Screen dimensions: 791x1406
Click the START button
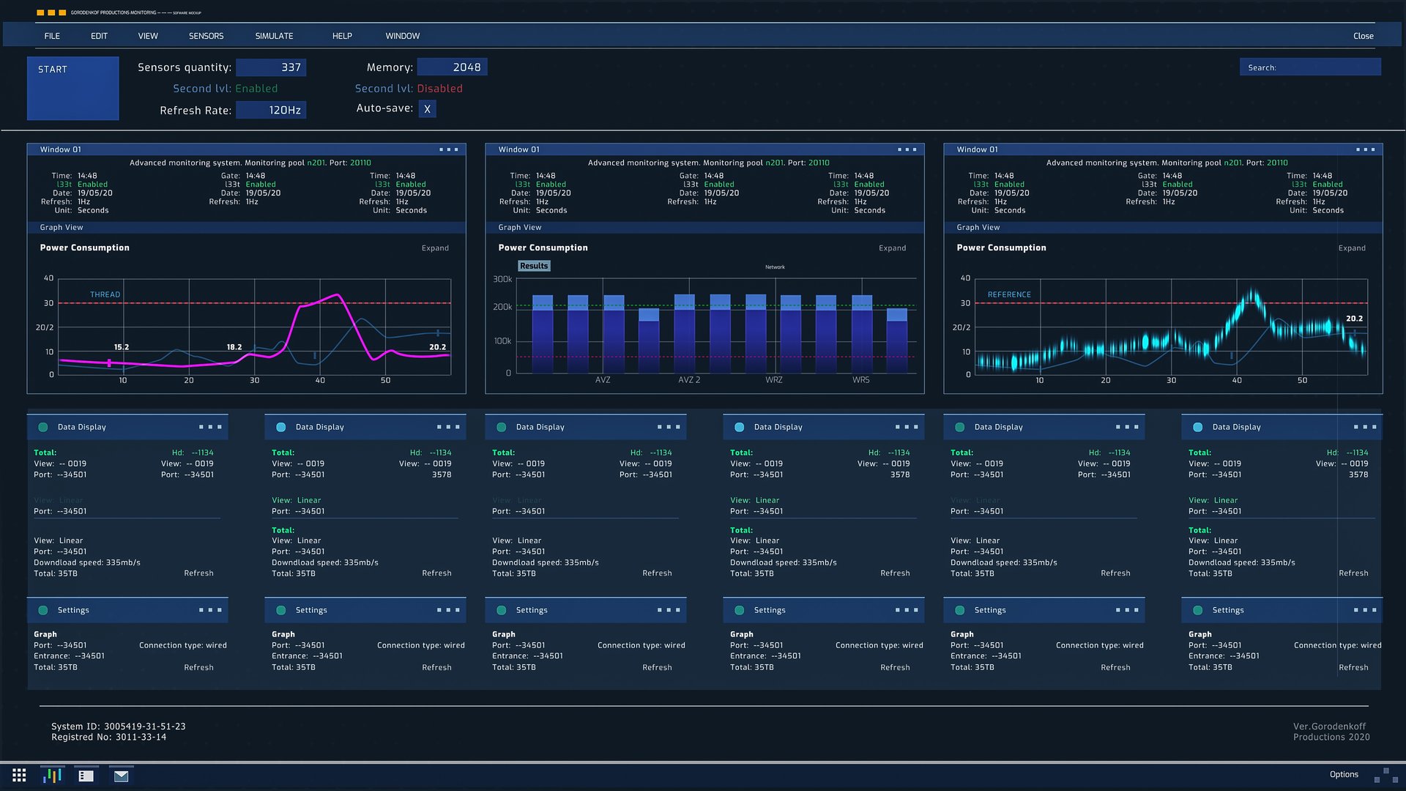click(72, 88)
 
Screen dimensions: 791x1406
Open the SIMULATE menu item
click(274, 36)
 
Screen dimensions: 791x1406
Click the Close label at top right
click(1363, 36)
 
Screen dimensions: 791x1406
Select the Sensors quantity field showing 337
click(271, 67)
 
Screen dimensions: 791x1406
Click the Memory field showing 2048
click(452, 67)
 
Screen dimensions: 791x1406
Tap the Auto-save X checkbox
click(427, 109)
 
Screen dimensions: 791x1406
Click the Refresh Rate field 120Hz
click(271, 111)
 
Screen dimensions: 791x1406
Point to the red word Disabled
click(439, 89)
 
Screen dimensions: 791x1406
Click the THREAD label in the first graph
click(105, 294)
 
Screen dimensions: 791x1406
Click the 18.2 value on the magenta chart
click(234, 347)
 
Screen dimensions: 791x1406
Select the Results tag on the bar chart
click(533, 266)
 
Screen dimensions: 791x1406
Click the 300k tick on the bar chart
click(502, 279)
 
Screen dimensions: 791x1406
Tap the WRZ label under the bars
click(773, 380)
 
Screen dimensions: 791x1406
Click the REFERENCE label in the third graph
click(1008, 294)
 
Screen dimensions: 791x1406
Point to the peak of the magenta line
click(337, 295)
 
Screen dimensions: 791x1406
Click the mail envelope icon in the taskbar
click(121, 776)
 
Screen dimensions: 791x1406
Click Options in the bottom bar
click(1343, 775)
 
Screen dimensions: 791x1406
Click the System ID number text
click(144, 727)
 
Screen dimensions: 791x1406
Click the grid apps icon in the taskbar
click(19, 776)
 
